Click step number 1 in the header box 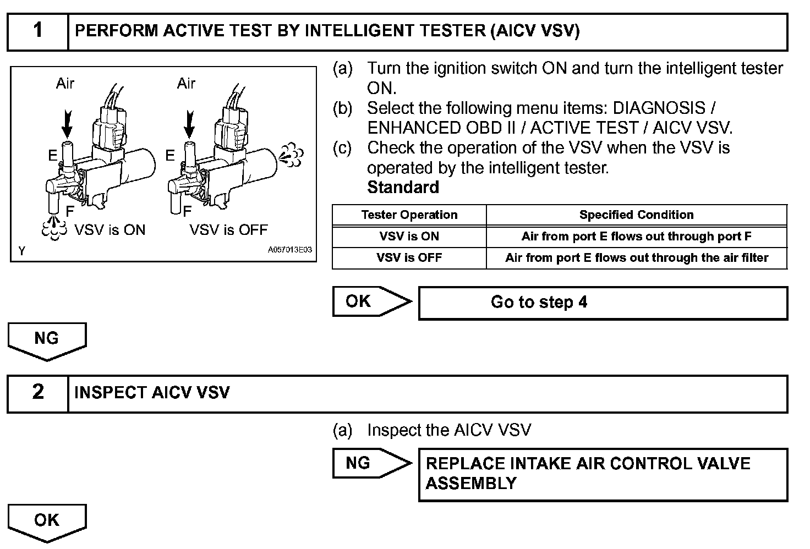tap(37, 31)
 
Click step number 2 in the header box tap(37, 392)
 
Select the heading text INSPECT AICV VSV tap(152, 393)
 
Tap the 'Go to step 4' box tap(603, 303)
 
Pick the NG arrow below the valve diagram tap(47, 339)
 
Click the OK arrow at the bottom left tap(47, 520)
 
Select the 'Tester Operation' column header tap(409, 215)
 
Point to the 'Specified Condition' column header tap(636, 215)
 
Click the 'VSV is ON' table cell tap(409, 237)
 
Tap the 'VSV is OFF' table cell tap(409, 258)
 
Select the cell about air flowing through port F tap(636, 237)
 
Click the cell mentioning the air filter tap(636, 258)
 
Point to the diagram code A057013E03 tap(289, 250)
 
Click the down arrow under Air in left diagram tap(67, 123)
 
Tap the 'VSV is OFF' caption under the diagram tap(228, 229)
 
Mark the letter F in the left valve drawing tap(70, 211)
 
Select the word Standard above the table tap(403, 188)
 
